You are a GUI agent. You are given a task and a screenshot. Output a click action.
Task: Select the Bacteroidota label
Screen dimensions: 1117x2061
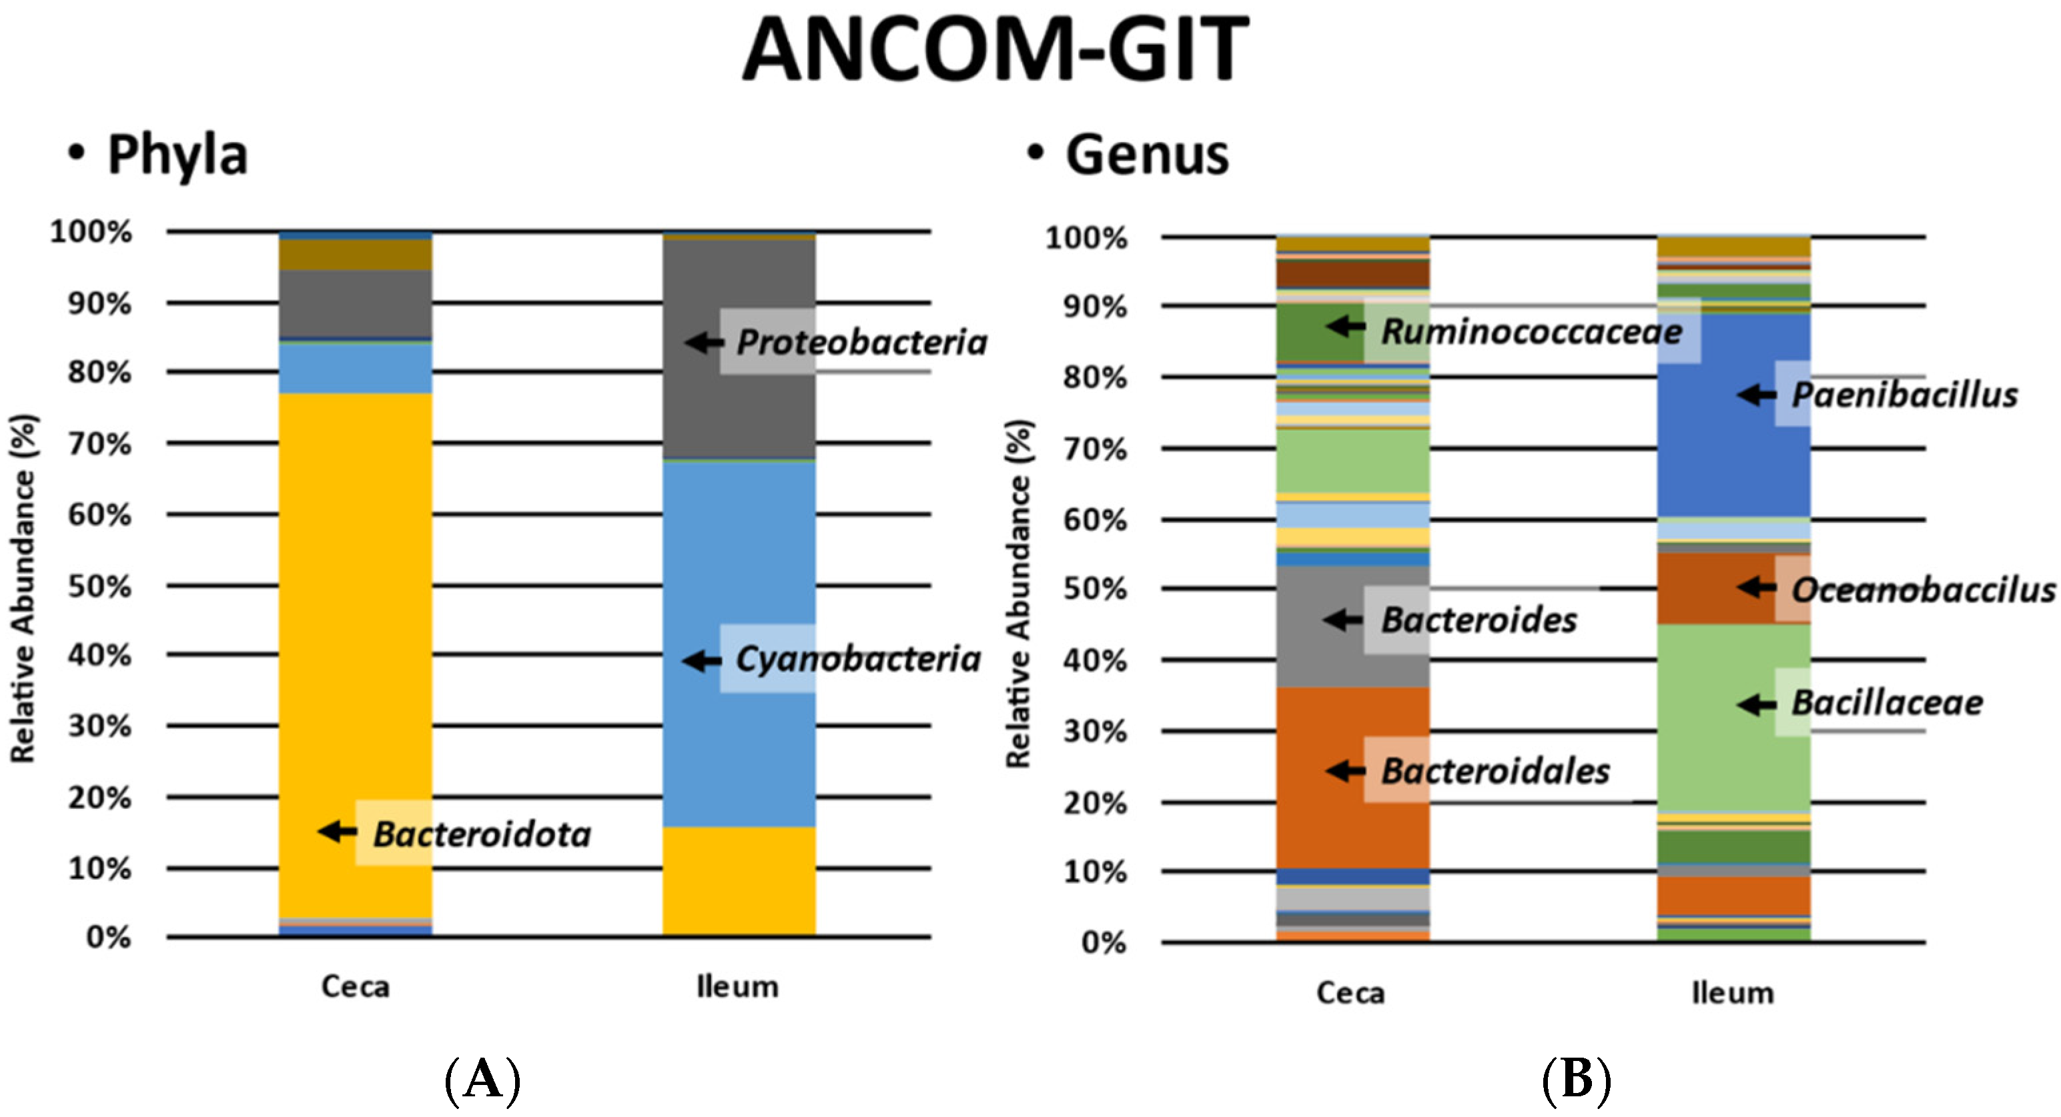(x=482, y=834)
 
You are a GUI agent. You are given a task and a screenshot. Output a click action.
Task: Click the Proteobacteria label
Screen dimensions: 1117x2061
(x=861, y=342)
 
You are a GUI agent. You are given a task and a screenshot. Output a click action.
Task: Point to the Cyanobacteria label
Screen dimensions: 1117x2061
(x=857, y=659)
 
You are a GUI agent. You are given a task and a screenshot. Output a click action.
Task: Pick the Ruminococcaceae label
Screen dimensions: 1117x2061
(x=1531, y=331)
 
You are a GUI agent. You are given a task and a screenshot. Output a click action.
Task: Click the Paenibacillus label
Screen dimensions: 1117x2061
(x=1904, y=394)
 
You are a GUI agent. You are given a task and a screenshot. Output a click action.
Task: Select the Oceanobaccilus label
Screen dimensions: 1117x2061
(x=1922, y=590)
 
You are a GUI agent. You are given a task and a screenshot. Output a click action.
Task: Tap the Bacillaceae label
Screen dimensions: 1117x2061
(x=1887, y=703)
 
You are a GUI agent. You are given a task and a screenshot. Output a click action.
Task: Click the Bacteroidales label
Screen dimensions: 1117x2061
(x=1495, y=771)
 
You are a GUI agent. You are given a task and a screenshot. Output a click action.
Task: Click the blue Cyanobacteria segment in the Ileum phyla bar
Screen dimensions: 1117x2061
(x=739, y=560)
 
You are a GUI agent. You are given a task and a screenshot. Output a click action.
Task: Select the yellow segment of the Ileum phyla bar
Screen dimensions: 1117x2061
(x=739, y=880)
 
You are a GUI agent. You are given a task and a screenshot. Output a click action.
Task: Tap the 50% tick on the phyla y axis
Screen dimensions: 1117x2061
(x=100, y=586)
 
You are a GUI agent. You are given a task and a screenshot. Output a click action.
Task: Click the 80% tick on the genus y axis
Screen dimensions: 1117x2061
(x=1094, y=377)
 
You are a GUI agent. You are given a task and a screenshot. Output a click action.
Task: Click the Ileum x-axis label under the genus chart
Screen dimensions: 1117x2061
(x=1732, y=992)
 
